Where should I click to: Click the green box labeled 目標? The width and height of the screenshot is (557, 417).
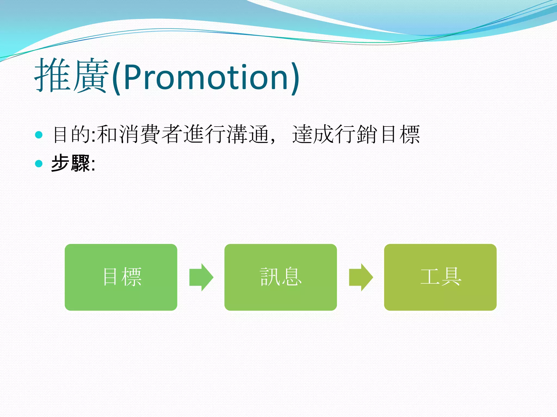click(x=121, y=277)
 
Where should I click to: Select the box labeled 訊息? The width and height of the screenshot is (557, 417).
click(x=280, y=277)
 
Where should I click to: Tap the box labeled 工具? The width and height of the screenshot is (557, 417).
click(x=440, y=277)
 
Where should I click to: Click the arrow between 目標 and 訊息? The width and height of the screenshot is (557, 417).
click(x=201, y=277)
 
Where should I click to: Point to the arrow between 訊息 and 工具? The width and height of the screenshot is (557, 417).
click(x=361, y=277)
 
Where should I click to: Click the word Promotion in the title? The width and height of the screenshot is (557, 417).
click(x=206, y=77)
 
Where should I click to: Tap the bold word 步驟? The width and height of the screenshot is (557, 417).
click(x=70, y=163)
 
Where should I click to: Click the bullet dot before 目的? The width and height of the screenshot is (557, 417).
click(x=39, y=135)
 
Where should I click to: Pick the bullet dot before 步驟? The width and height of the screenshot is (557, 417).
click(x=39, y=163)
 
